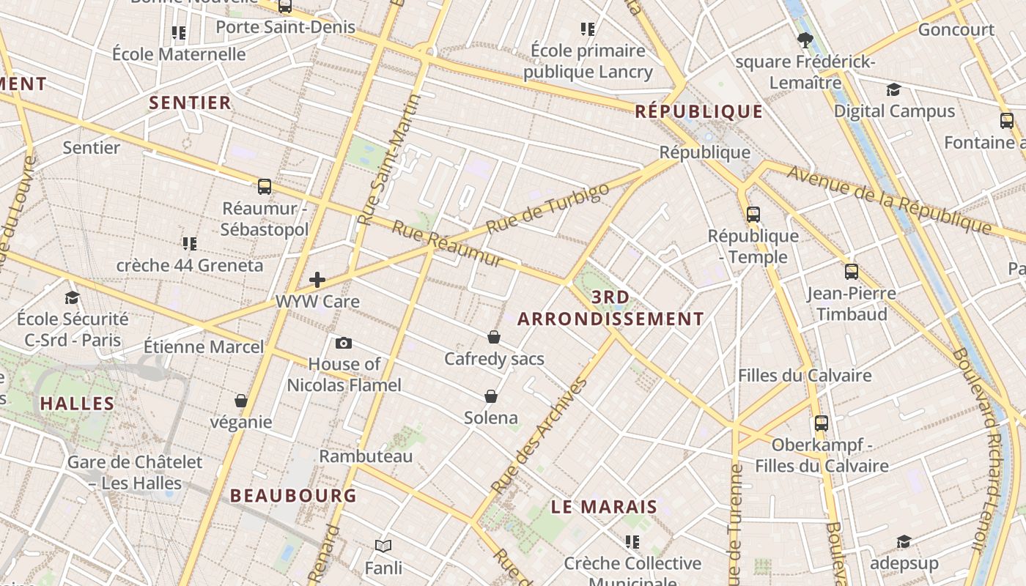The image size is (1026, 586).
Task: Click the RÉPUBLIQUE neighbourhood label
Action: (698, 111)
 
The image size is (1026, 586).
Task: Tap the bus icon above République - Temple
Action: (753, 215)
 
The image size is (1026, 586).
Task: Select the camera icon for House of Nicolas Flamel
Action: (343, 343)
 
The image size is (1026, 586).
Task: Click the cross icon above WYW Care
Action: (317, 279)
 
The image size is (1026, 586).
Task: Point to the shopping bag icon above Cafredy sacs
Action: (494, 337)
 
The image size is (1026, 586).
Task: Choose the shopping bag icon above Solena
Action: (491, 396)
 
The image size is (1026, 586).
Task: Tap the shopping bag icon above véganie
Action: (240, 401)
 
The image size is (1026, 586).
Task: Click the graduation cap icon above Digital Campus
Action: (893, 90)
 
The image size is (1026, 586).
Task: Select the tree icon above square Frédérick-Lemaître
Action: (805, 40)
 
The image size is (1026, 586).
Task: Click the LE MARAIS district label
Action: (604, 507)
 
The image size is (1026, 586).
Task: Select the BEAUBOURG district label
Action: (293, 496)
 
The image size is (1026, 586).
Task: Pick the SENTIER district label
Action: (191, 103)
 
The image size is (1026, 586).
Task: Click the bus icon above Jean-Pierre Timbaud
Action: (851, 272)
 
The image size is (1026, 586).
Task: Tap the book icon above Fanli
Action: (383, 546)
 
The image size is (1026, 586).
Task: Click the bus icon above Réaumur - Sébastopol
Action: (265, 187)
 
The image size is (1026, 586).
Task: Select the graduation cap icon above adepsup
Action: (904, 541)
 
